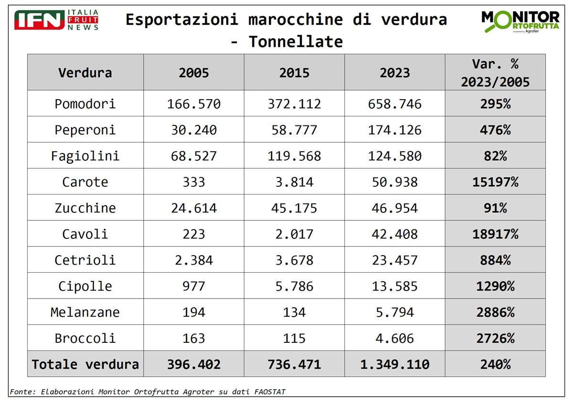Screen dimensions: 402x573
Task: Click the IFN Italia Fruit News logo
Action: tap(56, 20)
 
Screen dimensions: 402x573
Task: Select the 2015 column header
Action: tap(294, 72)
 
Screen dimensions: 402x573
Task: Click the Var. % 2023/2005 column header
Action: tap(495, 72)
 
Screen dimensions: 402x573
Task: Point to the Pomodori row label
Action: tap(85, 104)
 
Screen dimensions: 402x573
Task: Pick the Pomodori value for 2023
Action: tap(394, 104)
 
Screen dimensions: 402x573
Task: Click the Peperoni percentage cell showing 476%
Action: tap(495, 130)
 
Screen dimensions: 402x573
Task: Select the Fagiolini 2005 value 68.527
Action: tap(193, 156)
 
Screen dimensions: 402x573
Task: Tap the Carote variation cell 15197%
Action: tap(495, 182)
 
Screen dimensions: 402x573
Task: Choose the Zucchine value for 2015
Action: tap(294, 208)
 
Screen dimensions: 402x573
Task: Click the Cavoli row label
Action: tap(85, 234)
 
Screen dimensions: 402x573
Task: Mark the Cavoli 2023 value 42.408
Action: tap(394, 234)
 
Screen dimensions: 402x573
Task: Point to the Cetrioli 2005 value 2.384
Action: tap(193, 260)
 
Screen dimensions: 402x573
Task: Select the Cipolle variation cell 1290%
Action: tap(495, 286)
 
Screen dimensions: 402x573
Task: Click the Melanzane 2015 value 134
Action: tap(294, 312)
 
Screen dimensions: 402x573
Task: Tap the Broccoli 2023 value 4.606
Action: tap(394, 339)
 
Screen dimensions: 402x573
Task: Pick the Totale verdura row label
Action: tap(85, 364)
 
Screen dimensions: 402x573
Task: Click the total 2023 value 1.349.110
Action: tap(394, 364)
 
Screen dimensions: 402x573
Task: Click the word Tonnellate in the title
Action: tap(296, 42)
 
